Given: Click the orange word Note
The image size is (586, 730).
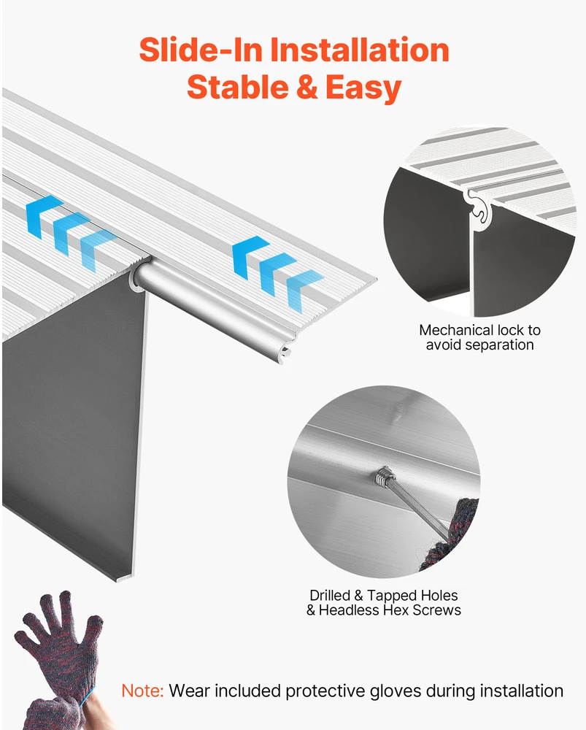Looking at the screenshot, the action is (142, 691).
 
